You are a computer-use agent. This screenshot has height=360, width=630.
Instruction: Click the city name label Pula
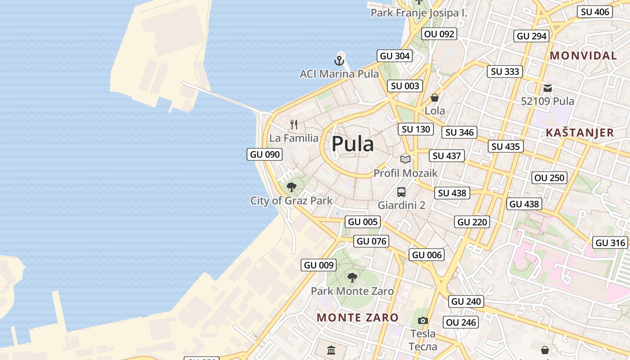tap(353, 144)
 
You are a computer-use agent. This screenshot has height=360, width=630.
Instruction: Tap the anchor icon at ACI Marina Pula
tap(339, 60)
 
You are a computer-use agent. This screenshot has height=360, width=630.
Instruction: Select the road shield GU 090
tap(265, 154)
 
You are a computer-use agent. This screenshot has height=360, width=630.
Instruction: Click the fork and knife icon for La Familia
tap(294, 124)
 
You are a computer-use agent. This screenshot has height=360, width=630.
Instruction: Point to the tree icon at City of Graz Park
tap(292, 187)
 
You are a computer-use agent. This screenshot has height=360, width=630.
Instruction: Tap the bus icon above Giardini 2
tap(401, 192)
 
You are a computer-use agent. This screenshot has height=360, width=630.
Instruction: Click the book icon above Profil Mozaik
tap(405, 159)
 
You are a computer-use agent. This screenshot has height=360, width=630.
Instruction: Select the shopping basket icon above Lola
tap(435, 97)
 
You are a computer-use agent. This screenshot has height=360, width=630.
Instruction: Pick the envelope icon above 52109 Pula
tap(548, 88)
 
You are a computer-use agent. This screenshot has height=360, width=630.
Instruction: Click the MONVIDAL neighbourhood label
tap(583, 56)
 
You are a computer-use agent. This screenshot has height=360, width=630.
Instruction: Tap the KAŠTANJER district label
tap(580, 133)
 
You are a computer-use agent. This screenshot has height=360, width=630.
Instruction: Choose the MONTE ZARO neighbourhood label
tap(357, 317)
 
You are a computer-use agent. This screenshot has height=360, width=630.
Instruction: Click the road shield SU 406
tap(595, 12)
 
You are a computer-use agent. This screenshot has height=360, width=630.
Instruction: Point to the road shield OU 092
tap(439, 34)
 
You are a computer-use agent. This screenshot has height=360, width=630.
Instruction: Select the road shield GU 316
tap(610, 243)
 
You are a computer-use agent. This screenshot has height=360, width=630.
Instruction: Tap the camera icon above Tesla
tap(423, 320)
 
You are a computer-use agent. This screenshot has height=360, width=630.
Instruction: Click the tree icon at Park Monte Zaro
tap(352, 277)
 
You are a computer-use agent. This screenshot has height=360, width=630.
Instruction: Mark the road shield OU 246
tap(461, 322)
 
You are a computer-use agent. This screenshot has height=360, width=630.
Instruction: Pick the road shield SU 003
tap(405, 86)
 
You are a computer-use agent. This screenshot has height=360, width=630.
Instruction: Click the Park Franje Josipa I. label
tap(418, 13)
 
